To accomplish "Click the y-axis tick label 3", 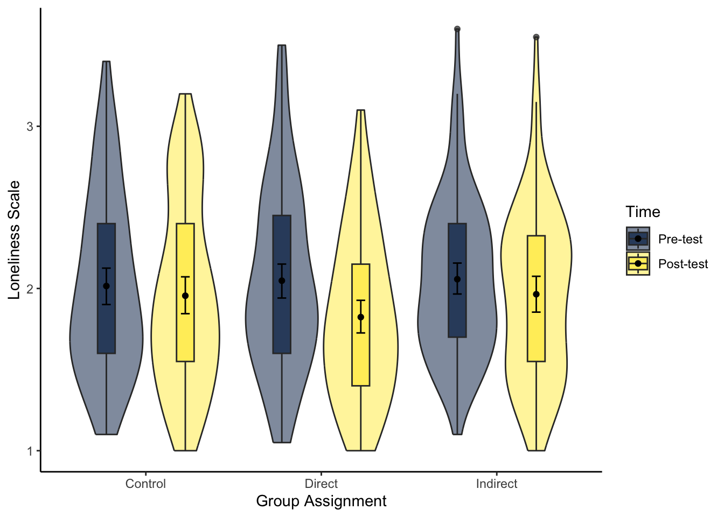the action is tap(30, 127).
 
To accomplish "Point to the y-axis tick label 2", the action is tap(30, 289).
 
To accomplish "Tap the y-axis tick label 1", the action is tap(30, 451).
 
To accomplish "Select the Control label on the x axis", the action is tap(145, 484).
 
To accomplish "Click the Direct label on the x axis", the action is tap(321, 484).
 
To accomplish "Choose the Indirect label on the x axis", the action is tap(497, 484).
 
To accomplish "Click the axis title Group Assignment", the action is tap(321, 501).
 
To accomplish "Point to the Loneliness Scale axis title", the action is tap(14, 240).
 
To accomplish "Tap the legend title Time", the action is tap(643, 212).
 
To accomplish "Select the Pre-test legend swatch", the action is tap(638, 239).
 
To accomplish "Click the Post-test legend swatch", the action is tap(638, 264).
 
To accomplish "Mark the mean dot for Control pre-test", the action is tap(106, 286).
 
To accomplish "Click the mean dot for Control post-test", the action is tap(185, 296).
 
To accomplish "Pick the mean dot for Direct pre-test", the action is tap(282, 281).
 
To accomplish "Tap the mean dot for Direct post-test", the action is tap(361, 317).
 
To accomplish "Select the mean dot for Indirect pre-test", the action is tap(457, 279).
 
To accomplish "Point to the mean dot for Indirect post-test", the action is tap(536, 295).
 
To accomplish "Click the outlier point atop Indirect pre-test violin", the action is tap(457, 29).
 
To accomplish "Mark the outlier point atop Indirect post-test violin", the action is tap(536, 37).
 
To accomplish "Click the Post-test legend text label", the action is tap(683, 264).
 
